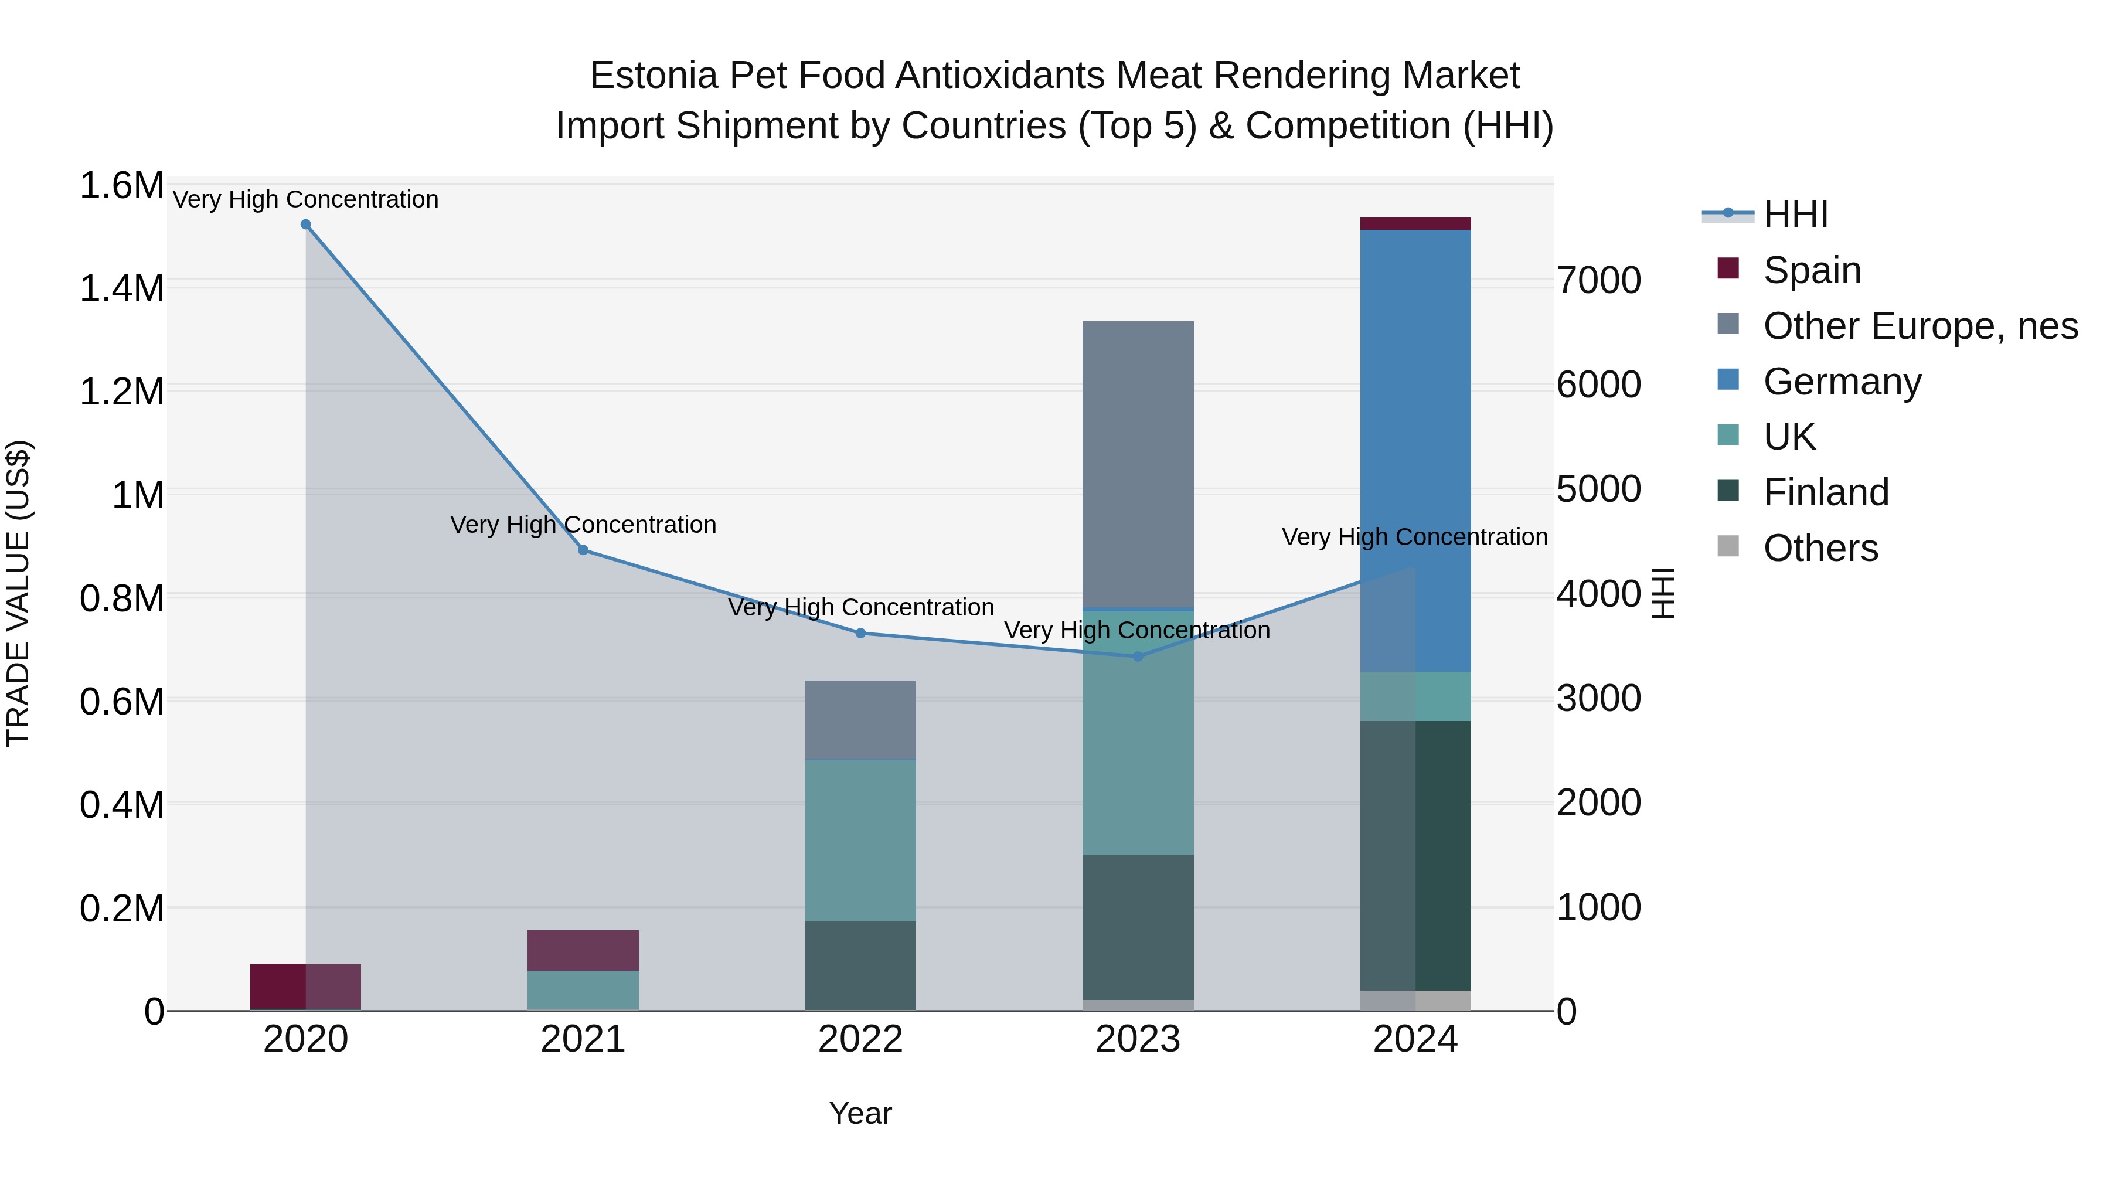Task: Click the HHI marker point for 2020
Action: [305, 225]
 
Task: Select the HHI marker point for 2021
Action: [583, 550]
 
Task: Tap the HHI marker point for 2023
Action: [1138, 656]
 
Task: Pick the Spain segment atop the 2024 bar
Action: [1415, 224]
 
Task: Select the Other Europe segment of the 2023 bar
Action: [1138, 464]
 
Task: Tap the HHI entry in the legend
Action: [1795, 215]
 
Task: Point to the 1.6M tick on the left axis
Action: [121, 186]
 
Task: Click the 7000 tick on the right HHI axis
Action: [1599, 281]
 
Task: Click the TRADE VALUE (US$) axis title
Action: [19, 593]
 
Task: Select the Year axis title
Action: [860, 1113]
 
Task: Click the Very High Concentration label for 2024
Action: [1415, 538]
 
